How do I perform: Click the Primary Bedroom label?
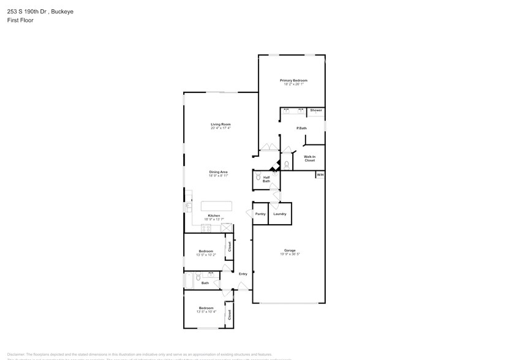click(x=293, y=80)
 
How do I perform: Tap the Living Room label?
click(x=221, y=124)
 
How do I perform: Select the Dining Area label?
click(x=219, y=172)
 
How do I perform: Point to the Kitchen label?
click(x=214, y=216)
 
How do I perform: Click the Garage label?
click(x=290, y=250)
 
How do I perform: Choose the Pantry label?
click(x=260, y=214)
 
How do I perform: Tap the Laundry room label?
click(x=280, y=214)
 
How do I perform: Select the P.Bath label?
click(x=301, y=128)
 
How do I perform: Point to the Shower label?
click(x=315, y=110)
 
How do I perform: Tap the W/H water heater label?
click(x=319, y=175)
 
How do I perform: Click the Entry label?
click(x=243, y=274)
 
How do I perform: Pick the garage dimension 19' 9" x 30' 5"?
click(x=290, y=254)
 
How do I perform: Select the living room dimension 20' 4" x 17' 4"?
click(x=221, y=128)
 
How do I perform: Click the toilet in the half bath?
click(x=258, y=177)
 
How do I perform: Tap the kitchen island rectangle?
click(x=217, y=205)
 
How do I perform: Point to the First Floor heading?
click(x=21, y=20)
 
